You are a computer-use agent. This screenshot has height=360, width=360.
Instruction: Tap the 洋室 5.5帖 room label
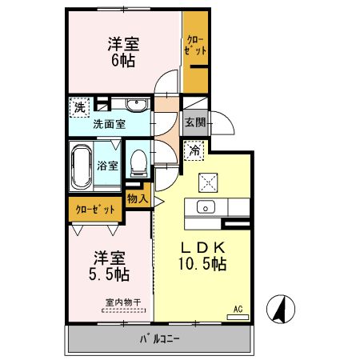click(x=110, y=266)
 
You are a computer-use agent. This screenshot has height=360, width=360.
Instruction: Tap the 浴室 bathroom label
click(x=109, y=166)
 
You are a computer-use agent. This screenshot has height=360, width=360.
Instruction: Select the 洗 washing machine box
click(x=80, y=106)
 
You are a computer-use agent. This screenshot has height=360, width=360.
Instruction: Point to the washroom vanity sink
click(x=133, y=105)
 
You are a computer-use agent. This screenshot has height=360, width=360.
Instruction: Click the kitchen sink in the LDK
click(x=205, y=208)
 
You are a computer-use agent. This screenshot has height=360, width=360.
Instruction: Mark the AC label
click(x=238, y=308)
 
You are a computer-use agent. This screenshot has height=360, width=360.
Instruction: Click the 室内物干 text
click(x=122, y=302)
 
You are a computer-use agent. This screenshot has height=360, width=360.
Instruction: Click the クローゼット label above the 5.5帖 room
click(x=95, y=209)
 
